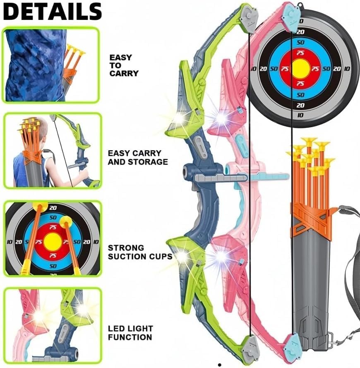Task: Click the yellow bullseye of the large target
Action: tap(300, 68)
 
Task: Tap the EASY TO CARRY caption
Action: tap(124, 65)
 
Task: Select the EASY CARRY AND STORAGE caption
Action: tap(138, 157)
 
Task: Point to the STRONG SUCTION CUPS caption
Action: tap(139, 252)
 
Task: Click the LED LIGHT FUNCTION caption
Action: tap(130, 333)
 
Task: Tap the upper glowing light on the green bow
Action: tap(179, 118)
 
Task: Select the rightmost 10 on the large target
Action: tap(347, 69)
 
